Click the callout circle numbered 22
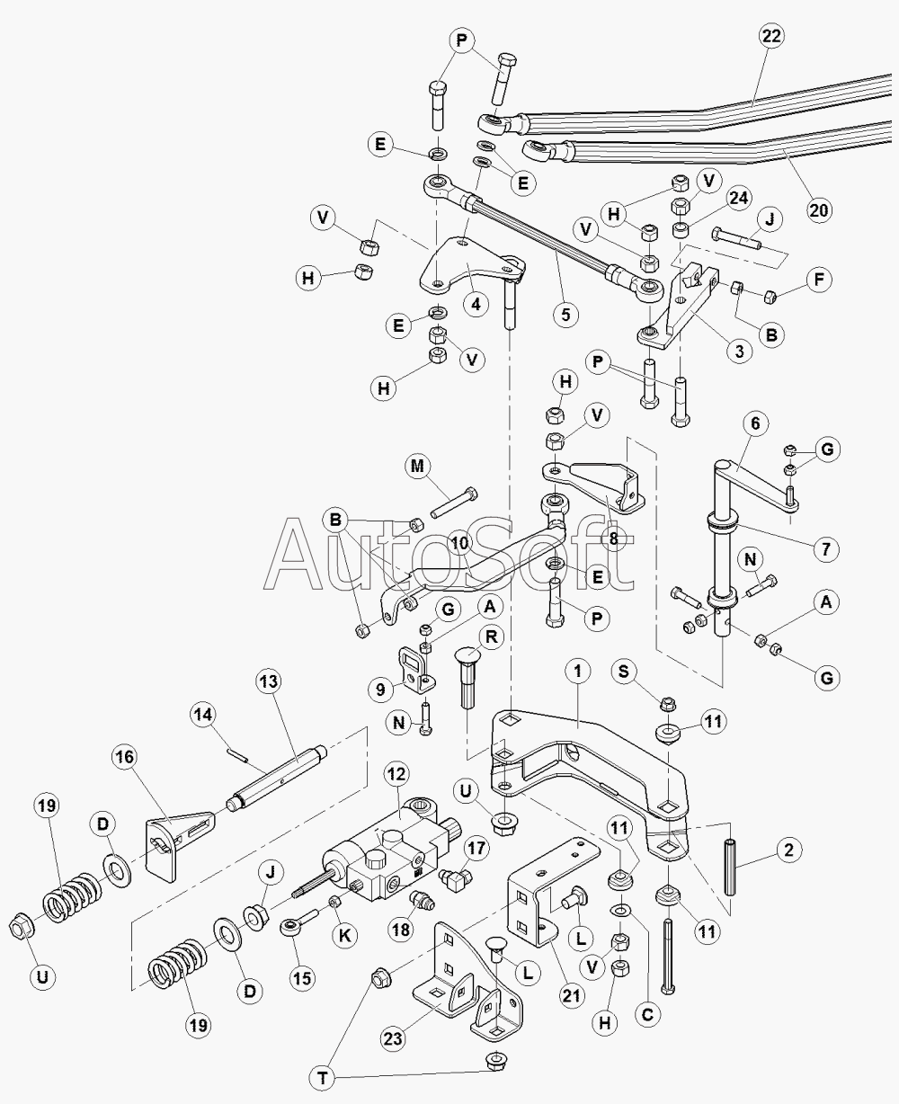tap(771, 36)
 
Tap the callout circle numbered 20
tap(819, 210)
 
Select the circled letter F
tap(819, 280)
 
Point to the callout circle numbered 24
tap(738, 198)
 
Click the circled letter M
tap(418, 467)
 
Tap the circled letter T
tap(324, 1078)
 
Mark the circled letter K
tap(345, 936)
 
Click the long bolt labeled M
tap(453, 503)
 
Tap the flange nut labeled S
tap(669, 704)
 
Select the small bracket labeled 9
tap(416, 672)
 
